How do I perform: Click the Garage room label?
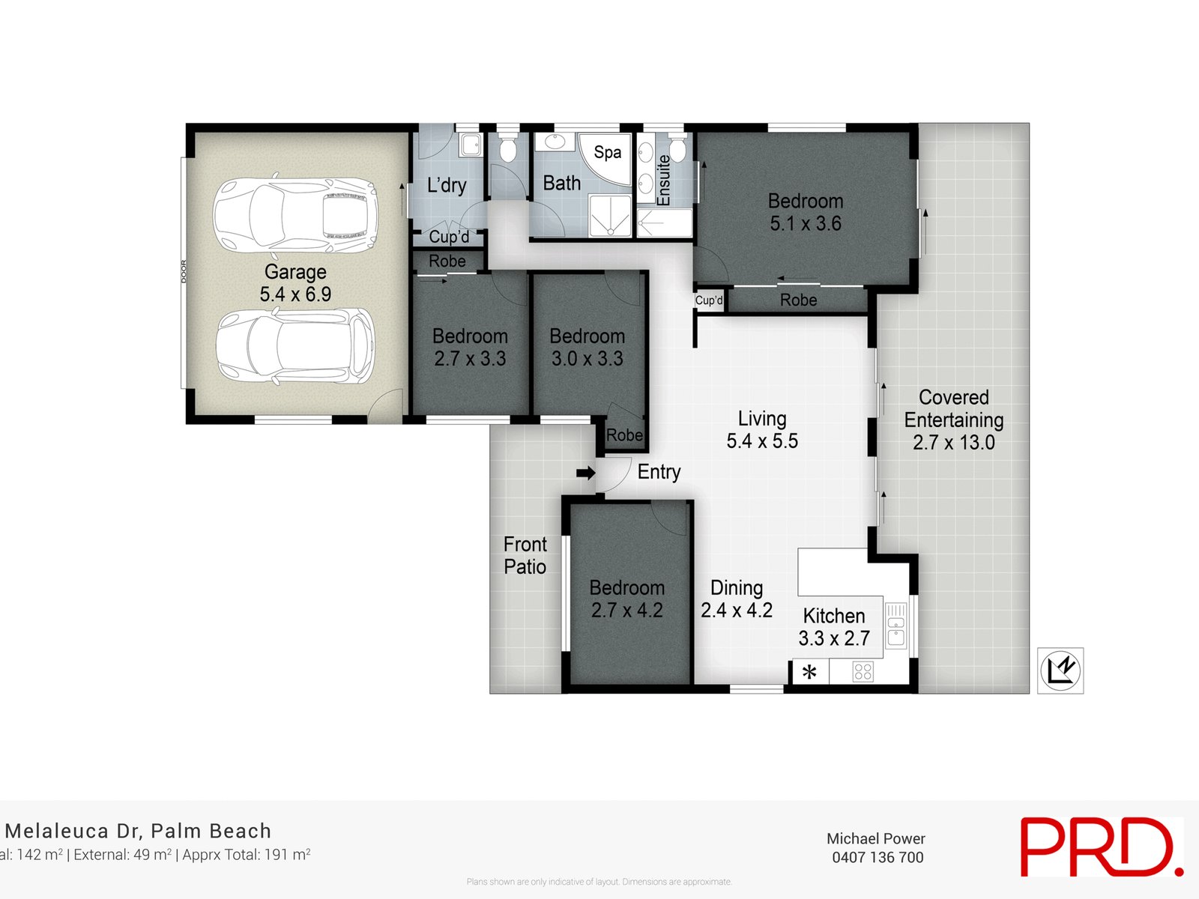click(295, 273)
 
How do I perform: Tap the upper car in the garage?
click(295, 216)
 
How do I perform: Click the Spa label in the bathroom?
click(607, 153)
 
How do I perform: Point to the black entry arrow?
click(586, 473)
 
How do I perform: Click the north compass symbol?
click(1060, 671)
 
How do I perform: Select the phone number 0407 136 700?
click(878, 858)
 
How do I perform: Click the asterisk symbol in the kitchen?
click(809, 672)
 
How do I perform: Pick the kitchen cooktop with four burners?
click(863, 671)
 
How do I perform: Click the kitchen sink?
click(896, 626)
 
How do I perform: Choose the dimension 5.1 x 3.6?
click(806, 224)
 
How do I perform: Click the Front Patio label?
click(525, 555)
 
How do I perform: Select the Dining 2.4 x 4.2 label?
click(737, 599)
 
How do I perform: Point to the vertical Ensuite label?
click(663, 180)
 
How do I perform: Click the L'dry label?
click(447, 185)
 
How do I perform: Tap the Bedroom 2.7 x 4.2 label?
click(626, 599)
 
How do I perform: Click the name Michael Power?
click(875, 839)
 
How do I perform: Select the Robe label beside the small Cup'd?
click(798, 300)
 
